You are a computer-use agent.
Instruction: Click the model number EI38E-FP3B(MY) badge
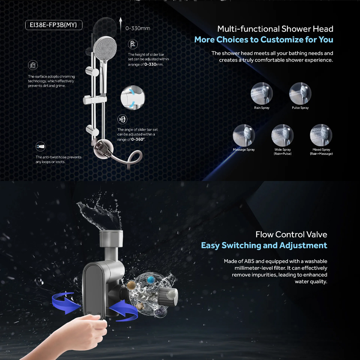tap(54, 25)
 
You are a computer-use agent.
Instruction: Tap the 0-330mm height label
tap(138, 28)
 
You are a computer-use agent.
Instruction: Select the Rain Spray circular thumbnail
tap(262, 94)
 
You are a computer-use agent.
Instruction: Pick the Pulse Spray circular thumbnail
tap(300, 94)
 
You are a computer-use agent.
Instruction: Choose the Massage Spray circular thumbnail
tap(244, 135)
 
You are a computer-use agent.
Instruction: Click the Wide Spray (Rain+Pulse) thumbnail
tap(282, 135)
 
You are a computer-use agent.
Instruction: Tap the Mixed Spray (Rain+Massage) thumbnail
tap(321, 135)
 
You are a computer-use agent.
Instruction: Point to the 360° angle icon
tap(122, 119)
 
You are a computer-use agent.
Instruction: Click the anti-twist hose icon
tap(40, 147)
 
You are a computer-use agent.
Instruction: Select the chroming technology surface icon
tap(33, 65)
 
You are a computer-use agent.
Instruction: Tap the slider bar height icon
tap(133, 44)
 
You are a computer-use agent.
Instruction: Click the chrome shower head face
tap(105, 48)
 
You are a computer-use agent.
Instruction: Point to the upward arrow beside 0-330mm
tap(121, 26)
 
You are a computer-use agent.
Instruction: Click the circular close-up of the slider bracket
tap(133, 98)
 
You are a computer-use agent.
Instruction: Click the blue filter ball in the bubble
tap(151, 280)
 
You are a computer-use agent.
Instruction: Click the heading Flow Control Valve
tap(291, 234)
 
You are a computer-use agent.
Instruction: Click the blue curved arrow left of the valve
tap(66, 303)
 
